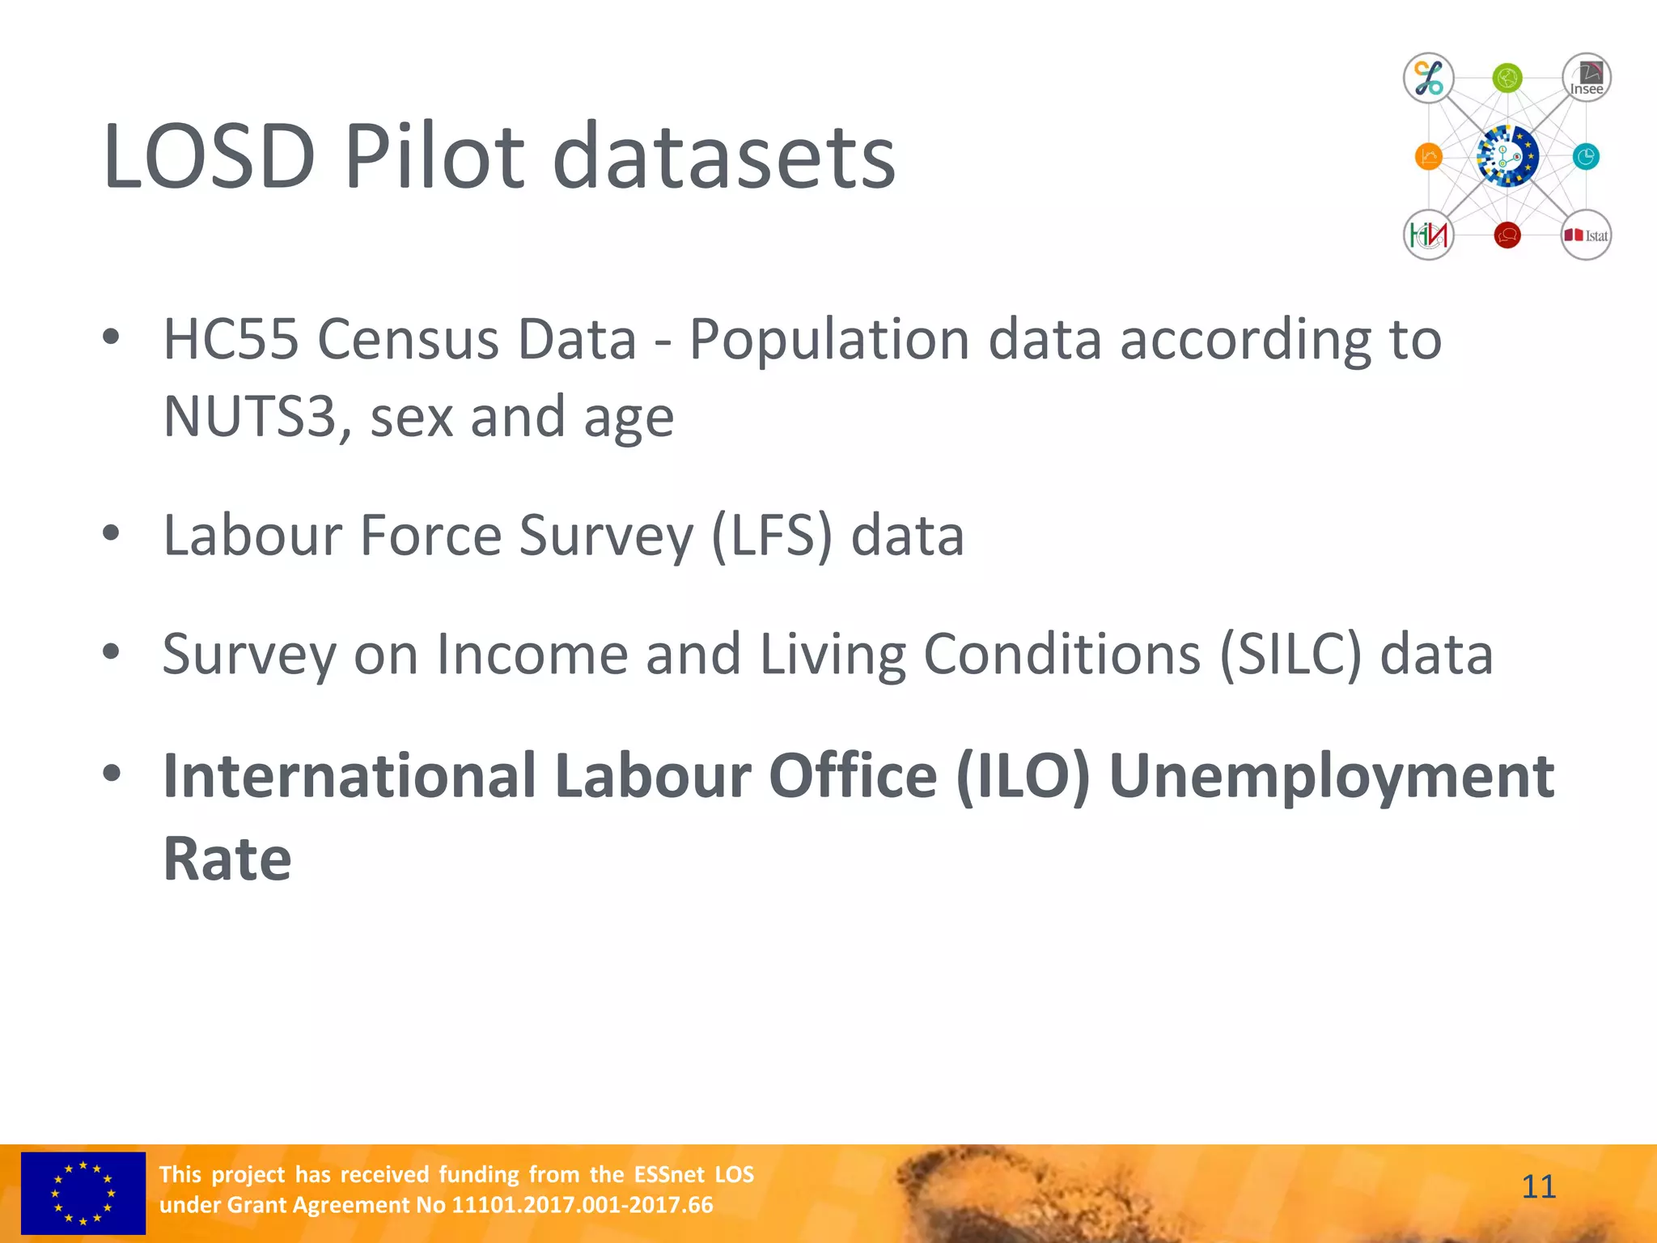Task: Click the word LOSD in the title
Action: coord(209,155)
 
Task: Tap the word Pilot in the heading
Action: coord(434,155)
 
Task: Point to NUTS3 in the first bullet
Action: coord(249,417)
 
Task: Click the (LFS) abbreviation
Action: coord(771,535)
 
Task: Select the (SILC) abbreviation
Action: coord(1290,654)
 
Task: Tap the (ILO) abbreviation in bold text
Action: coord(1023,775)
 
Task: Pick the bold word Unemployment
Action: coord(1331,775)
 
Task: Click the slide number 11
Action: coord(1538,1187)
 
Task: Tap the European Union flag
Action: coord(83,1193)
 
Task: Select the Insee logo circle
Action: coord(1586,78)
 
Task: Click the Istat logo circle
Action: coord(1586,235)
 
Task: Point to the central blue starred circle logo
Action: coord(1507,156)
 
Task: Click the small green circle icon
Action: coord(1507,78)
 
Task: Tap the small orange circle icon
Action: coord(1428,156)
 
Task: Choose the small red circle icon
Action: coord(1507,235)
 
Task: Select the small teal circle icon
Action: coord(1585,156)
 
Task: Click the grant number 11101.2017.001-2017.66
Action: coord(582,1205)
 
